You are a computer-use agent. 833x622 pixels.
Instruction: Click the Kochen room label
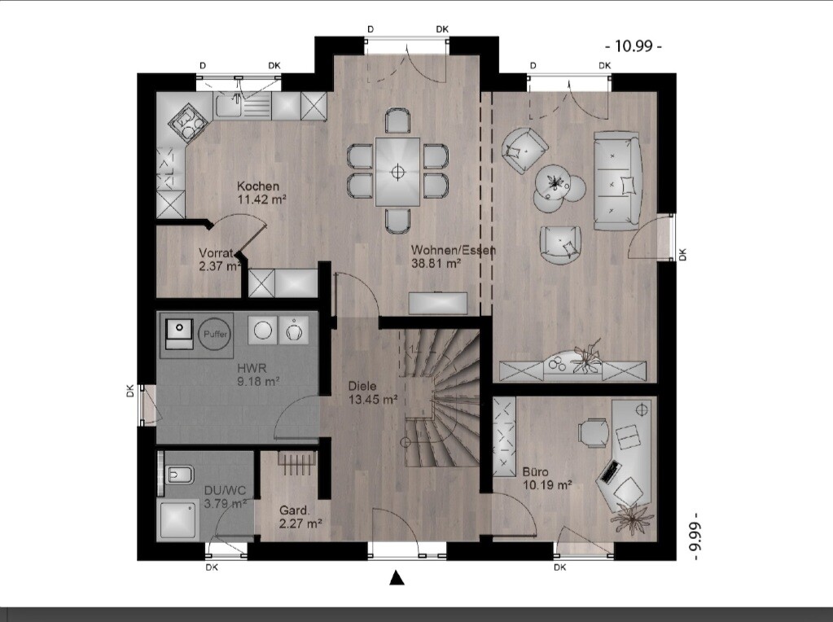tap(257, 186)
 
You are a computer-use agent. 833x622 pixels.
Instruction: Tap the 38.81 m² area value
tap(436, 263)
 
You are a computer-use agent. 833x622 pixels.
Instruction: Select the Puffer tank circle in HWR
tap(215, 334)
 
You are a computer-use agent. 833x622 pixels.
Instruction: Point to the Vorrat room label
tap(216, 253)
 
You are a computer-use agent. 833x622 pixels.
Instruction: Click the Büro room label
tap(535, 471)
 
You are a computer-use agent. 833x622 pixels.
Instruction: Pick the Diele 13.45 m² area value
tap(373, 400)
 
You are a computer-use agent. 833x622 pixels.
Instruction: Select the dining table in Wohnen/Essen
tap(397, 172)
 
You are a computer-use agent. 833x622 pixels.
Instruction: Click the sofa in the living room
tap(617, 181)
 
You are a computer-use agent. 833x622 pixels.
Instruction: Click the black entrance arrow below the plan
tap(397, 578)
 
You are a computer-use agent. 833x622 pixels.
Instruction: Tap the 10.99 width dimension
tap(634, 46)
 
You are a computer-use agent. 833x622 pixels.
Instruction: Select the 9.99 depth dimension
tap(695, 536)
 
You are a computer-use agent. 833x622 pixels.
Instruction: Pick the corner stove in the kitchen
tap(187, 125)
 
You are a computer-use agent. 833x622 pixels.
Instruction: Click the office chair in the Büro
tap(594, 433)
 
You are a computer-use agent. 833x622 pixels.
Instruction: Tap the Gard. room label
tap(294, 510)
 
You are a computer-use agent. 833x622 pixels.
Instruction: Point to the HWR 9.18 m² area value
tap(259, 381)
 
